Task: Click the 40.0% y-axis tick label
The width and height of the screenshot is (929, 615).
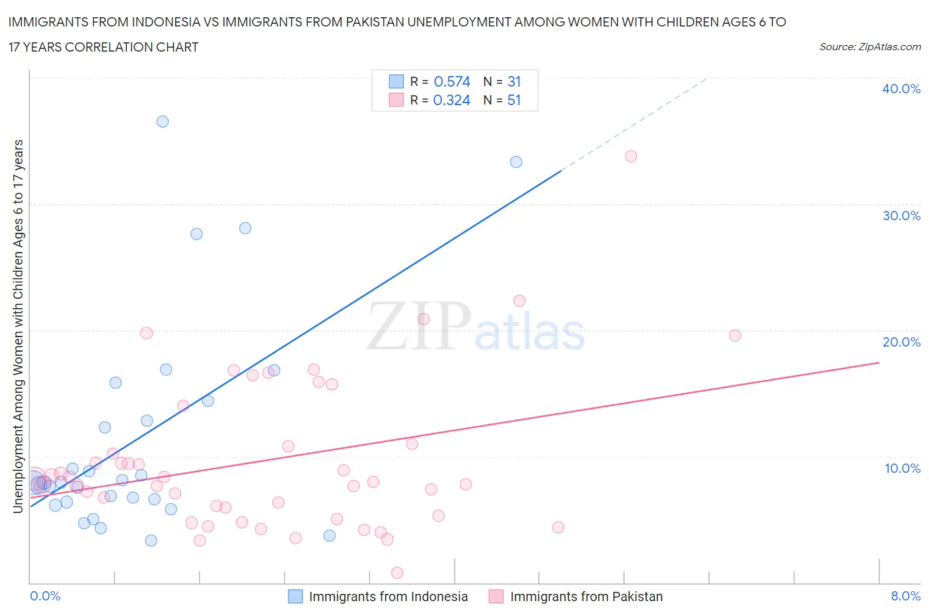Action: click(901, 89)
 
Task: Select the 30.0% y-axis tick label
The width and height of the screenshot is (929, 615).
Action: click(901, 216)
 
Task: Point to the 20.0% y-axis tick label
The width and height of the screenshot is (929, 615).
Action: click(901, 342)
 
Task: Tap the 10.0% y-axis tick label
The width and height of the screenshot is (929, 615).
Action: click(903, 468)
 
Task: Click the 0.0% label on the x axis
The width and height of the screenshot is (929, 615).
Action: click(45, 596)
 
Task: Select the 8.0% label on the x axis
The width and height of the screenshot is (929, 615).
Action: click(905, 596)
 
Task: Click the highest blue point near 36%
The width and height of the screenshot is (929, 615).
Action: click(163, 122)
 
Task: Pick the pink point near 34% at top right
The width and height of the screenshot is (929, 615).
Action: click(631, 156)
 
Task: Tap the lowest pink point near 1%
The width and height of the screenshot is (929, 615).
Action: click(397, 573)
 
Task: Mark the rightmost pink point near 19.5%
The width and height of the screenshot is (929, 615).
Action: click(735, 335)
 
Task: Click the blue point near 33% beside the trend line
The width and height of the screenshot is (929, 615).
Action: click(516, 162)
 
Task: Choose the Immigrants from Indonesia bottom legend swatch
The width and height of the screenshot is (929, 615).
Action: click(295, 596)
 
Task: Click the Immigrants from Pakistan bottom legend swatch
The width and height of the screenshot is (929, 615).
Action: click(496, 596)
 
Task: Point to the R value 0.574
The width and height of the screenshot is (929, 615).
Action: click(452, 81)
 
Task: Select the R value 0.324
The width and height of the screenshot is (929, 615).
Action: click(452, 100)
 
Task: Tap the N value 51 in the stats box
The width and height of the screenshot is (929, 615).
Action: click(514, 100)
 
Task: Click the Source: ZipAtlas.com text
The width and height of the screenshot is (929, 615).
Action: click(870, 47)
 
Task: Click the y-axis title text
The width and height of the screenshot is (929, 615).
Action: click(18, 326)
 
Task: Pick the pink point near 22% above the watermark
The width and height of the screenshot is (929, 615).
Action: click(519, 301)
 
